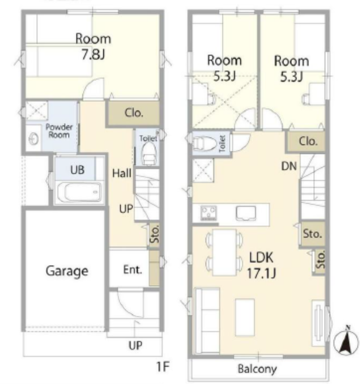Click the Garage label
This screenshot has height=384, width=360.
pos(67,271)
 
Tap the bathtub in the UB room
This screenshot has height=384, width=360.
pos(80,192)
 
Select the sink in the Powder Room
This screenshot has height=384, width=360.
pos(33,140)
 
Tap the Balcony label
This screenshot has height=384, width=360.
pos(257,368)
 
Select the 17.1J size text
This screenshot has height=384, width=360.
pos(261,273)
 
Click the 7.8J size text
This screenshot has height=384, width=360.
pos(93,54)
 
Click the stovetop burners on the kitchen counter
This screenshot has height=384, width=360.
pos(208,213)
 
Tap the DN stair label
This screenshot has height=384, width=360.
pos(289,166)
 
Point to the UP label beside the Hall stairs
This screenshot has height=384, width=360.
pos(126,209)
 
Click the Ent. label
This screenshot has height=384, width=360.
pos(133,270)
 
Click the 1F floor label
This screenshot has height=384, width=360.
pos(163,367)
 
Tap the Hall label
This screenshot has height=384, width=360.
pos(122,173)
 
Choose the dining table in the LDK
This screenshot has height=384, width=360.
pos(224,252)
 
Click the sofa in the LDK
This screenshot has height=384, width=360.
pos(207,321)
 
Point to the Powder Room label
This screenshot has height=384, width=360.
pos(59,131)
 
